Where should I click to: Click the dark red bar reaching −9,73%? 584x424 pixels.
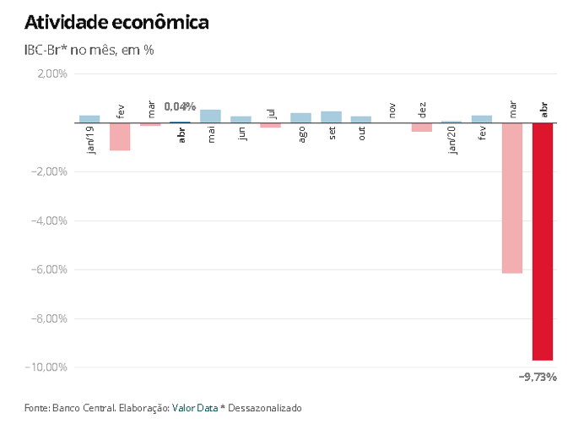[x=543, y=242]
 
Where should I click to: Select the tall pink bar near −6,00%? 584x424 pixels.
[x=512, y=198]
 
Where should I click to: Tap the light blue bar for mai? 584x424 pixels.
[x=210, y=116]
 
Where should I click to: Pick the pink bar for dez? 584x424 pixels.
[x=422, y=127]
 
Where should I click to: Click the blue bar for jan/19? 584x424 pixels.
[x=89, y=119]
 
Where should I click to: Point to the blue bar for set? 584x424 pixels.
[x=332, y=117]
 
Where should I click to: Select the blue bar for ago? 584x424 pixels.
[x=300, y=117]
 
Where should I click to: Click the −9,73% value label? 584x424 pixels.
[x=538, y=377]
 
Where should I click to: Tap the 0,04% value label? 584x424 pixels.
[x=180, y=106]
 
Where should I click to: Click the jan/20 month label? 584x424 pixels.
[x=452, y=140]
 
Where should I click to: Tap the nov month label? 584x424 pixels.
[x=392, y=110]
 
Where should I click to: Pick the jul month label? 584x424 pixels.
[x=271, y=113]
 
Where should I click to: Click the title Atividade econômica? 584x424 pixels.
[x=116, y=23]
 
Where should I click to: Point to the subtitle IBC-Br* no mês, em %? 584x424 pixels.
[x=89, y=50]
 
